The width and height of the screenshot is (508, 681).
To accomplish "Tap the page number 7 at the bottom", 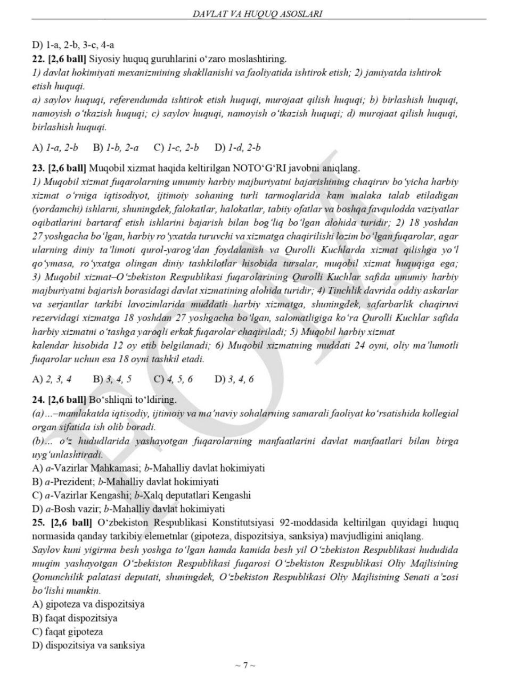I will coord(245,665).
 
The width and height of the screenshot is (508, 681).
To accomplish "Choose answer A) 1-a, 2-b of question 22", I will coord(55,147).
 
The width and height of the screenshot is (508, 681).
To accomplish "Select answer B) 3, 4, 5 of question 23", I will coord(112,379).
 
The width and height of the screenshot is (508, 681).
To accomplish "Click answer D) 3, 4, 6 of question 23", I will coord(234,379).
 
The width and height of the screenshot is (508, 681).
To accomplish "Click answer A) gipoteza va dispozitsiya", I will coord(88,604).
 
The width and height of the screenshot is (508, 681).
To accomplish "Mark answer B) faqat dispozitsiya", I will coord(75,618).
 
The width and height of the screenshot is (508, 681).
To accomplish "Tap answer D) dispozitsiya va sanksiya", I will coord(88,646).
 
